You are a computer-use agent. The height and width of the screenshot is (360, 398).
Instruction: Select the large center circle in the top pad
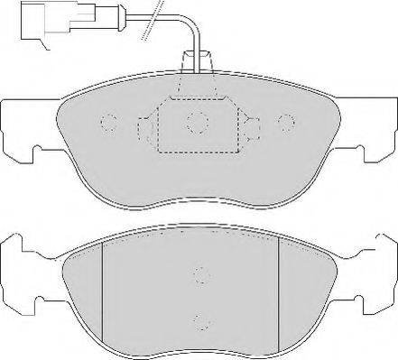coord(198,122)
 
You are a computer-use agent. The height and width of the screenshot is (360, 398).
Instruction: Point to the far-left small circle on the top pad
coord(109,124)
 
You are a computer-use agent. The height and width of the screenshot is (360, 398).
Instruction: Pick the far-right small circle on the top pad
coord(286,124)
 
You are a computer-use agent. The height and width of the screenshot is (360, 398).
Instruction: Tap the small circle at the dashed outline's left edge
coord(145,124)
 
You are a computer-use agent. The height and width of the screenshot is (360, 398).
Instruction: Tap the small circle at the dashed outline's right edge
coord(250,124)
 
